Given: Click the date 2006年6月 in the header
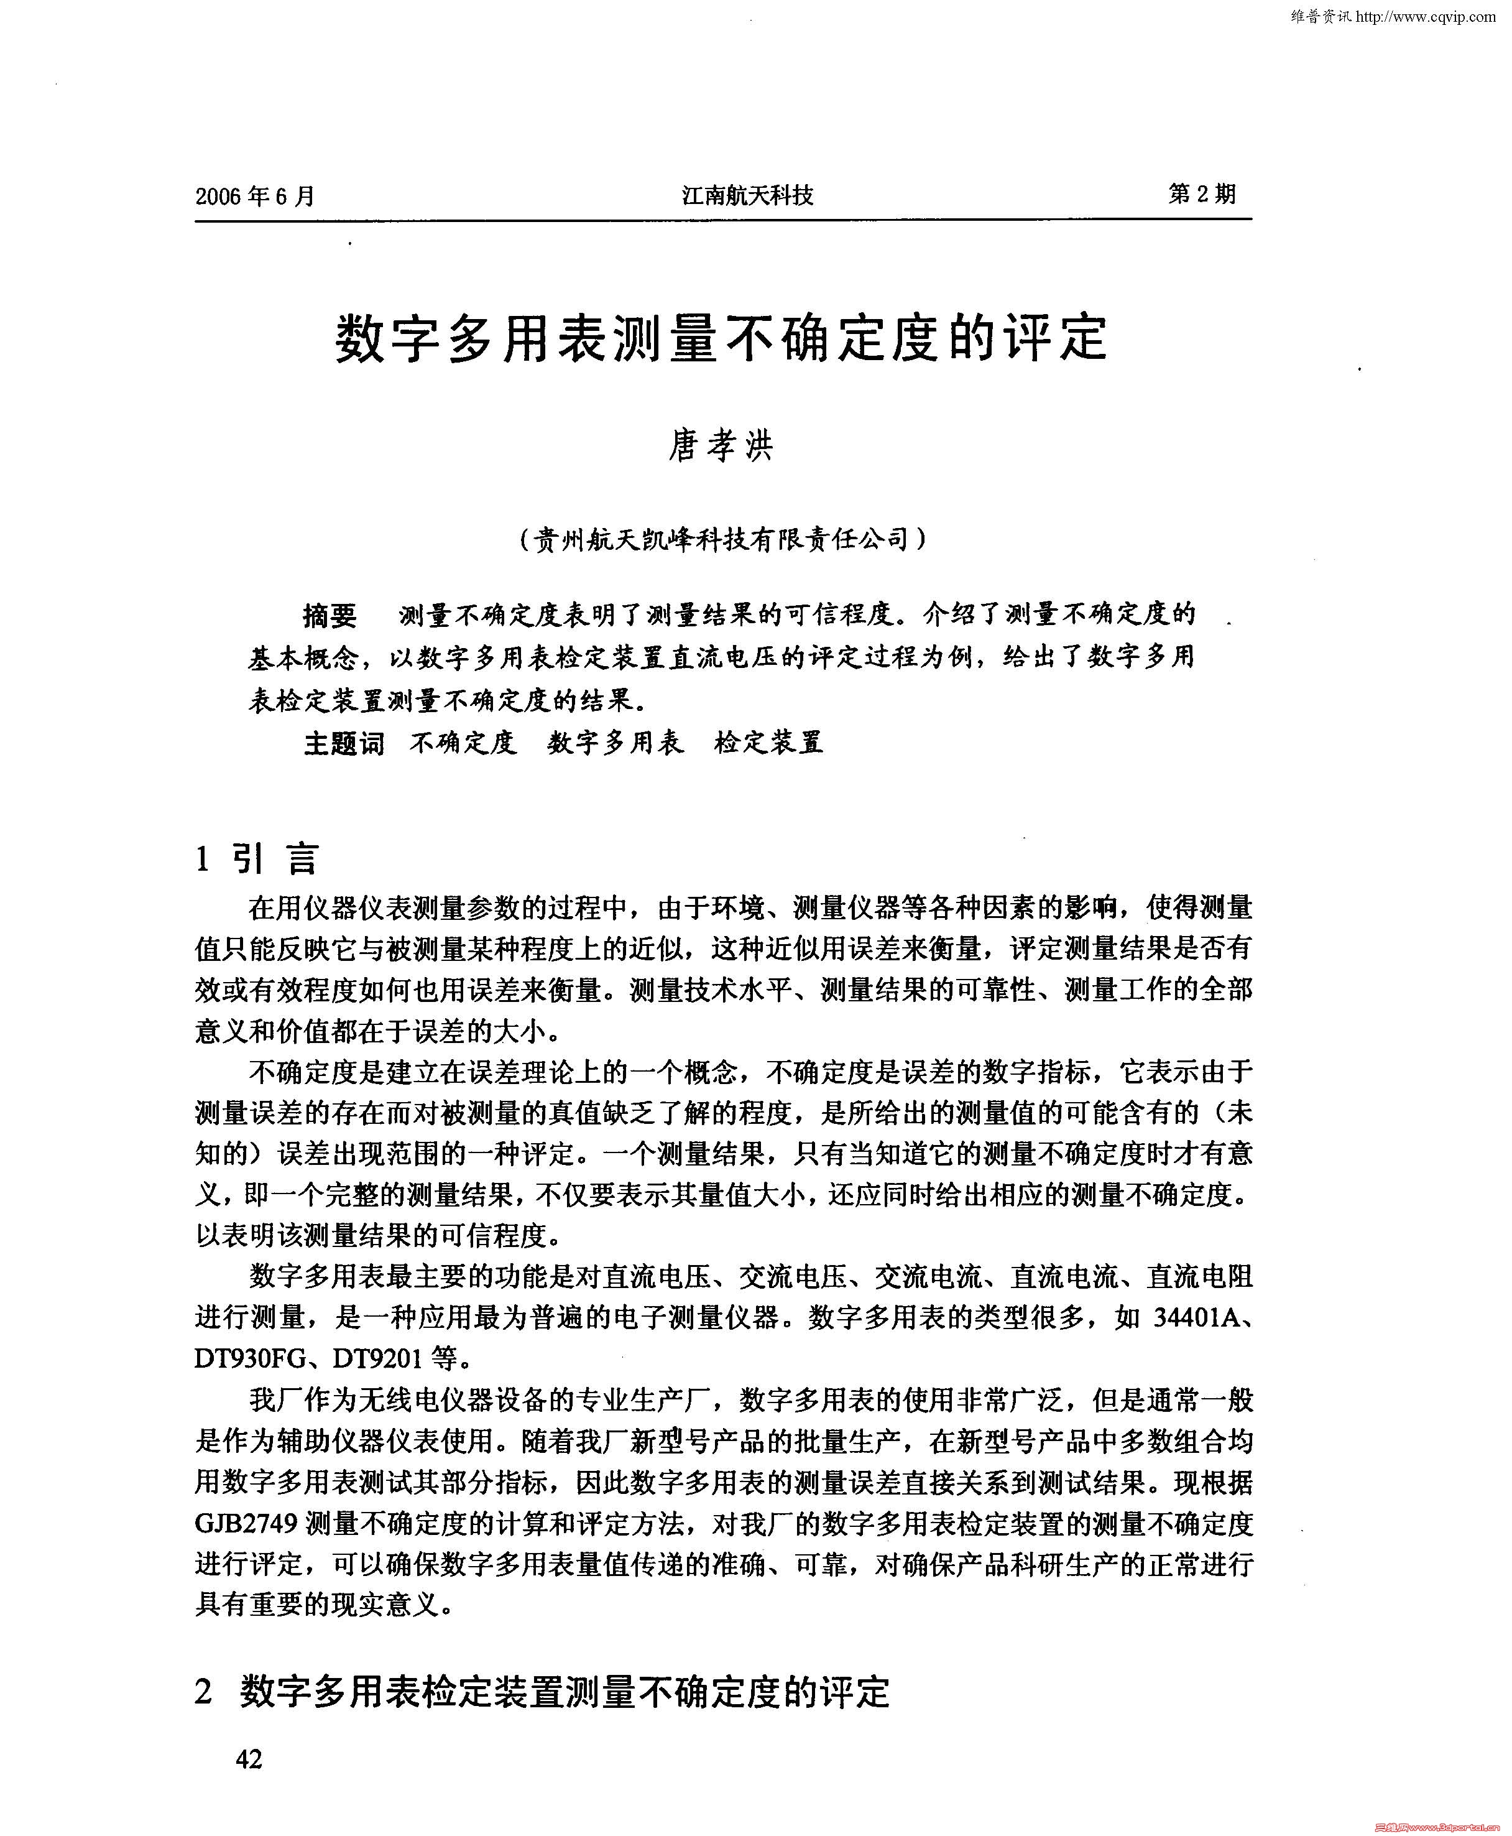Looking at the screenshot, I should coord(255,195).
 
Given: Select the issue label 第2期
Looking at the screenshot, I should coord(1201,193).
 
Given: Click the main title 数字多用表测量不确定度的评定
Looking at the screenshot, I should coord(721,338).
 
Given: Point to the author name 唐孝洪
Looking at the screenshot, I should coord(721,446).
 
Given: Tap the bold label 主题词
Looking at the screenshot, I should coord(343,743).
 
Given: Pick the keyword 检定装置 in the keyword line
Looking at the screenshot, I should coord(768,743).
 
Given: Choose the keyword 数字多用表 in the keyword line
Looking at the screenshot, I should coord(615,743).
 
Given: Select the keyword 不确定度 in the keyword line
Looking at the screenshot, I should coord(463,743).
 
